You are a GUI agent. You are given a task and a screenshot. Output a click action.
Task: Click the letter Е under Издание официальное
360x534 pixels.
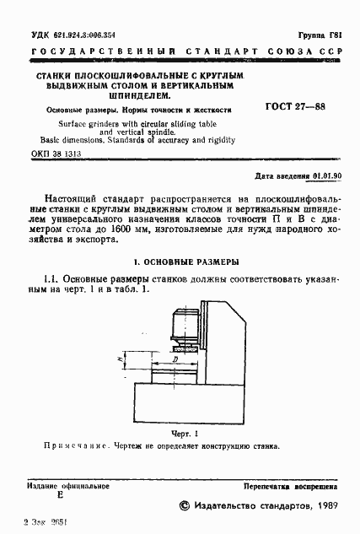59,498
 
